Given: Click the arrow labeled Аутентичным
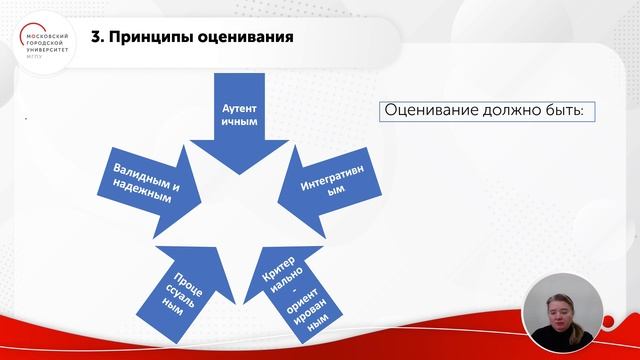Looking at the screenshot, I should click(239, 115).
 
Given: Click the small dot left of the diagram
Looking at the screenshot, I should click(27, 119).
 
